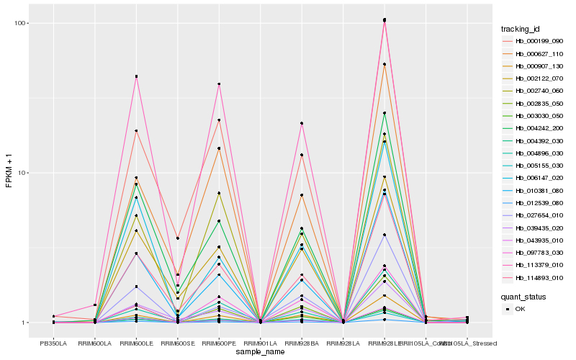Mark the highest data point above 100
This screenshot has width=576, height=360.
tap(384, 19)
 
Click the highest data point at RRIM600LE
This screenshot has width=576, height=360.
tap(136, 76)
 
